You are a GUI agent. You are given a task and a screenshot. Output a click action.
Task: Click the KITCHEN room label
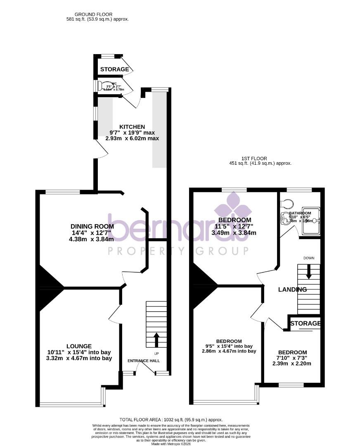point(132,127)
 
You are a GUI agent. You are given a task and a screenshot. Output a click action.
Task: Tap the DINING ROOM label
point(92,226)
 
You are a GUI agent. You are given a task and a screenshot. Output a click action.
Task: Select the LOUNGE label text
point(79,346)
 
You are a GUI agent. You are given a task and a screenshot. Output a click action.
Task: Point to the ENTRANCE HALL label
point(144,361)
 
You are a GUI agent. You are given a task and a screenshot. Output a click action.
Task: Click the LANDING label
point(292,289)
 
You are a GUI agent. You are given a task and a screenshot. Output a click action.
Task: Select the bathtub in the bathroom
point(311,221)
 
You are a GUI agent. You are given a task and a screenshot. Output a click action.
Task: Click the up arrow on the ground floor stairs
point(156,340)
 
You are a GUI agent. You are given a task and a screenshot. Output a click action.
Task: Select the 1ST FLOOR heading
point(254,159)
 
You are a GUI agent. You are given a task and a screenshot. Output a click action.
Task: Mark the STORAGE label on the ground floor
point(114,69)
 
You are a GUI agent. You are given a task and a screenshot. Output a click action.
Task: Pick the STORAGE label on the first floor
point(305,323)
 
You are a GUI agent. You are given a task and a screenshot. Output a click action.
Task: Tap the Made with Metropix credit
point(180,444)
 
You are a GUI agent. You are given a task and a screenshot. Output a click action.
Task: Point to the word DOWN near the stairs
point(309,258)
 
